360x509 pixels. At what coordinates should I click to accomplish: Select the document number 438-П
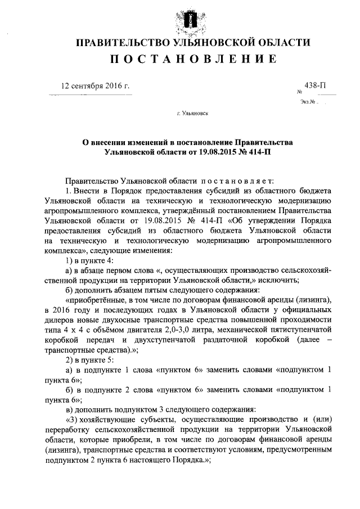pos(315,85)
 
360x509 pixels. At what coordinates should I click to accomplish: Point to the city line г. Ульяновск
pos(192,112)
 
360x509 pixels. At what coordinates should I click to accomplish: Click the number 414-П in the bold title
pos(259,152)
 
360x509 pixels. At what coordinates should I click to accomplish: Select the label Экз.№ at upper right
pos(307,102)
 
